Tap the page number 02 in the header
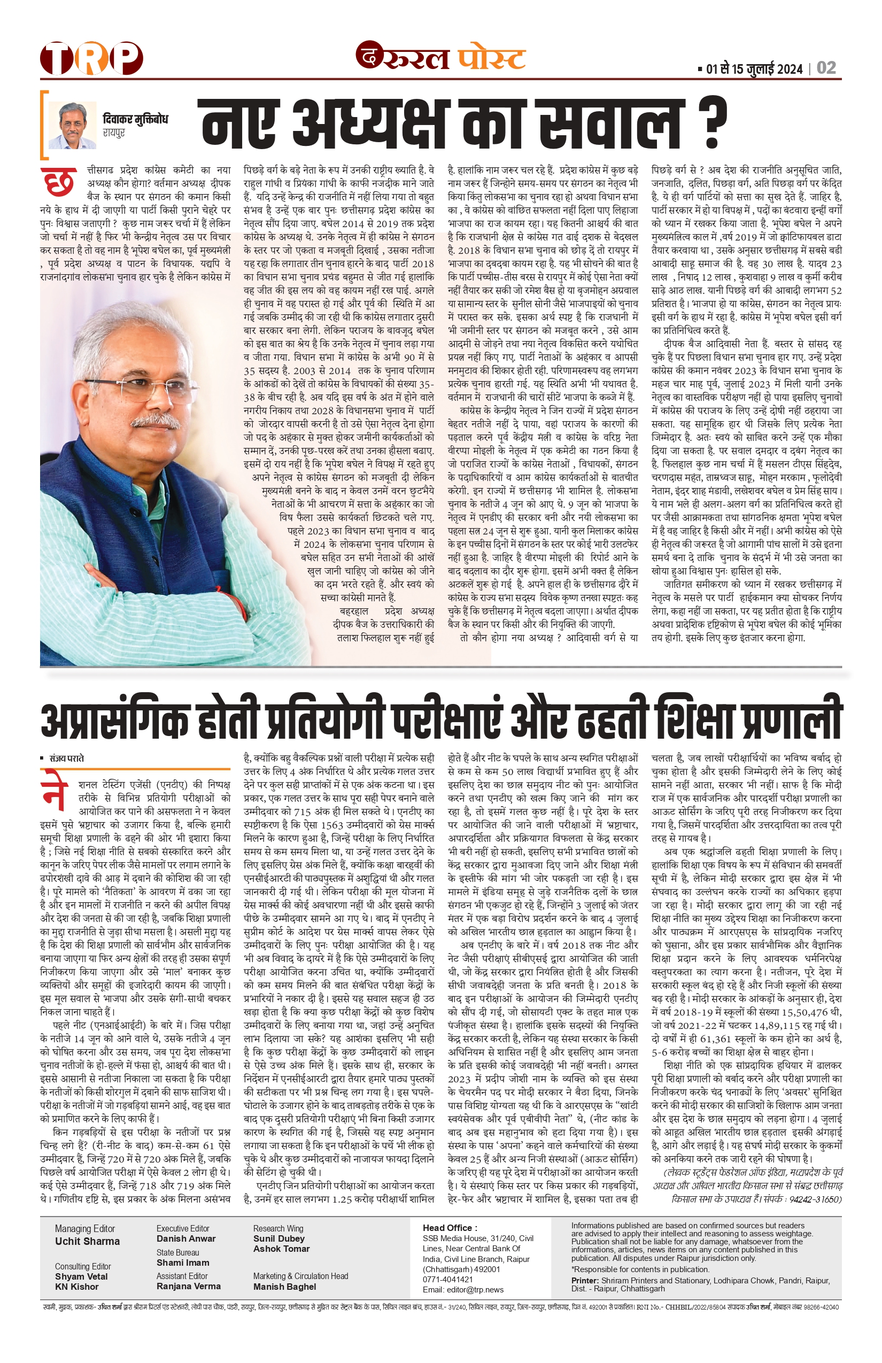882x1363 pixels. (x=826, y=68)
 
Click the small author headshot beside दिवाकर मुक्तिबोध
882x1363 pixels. (x=72, y=126)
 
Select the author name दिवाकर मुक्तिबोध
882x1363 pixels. (x=135, y=119)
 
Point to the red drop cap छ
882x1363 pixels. (x=58, y=183)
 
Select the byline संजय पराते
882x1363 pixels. (x=66, y=758)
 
